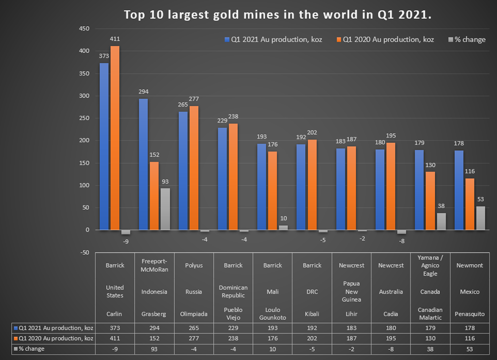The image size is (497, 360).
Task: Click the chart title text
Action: click(x=277, y=14)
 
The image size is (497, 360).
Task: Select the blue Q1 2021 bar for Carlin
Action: click(x=104, y=147)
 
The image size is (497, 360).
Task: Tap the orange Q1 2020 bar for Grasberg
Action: click(x=154, y=196)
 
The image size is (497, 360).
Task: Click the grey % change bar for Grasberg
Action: click(x=165, y=209)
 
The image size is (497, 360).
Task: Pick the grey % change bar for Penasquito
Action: click(x=480, y=218)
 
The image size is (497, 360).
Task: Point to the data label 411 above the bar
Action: click(x=115, y=39)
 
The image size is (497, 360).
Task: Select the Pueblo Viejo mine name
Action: click(x=233, y=313)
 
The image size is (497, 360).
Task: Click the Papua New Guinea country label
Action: click(x=352, y=292)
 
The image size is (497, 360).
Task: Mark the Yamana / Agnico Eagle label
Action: click(x=430, y=266)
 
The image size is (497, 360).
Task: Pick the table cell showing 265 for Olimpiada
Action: click(x=193, y=328)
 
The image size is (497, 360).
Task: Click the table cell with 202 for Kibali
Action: click(x=312, y=338)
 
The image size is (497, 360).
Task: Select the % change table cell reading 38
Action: click(x=430, y=349)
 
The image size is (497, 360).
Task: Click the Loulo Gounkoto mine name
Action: click(x=273, y=313)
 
